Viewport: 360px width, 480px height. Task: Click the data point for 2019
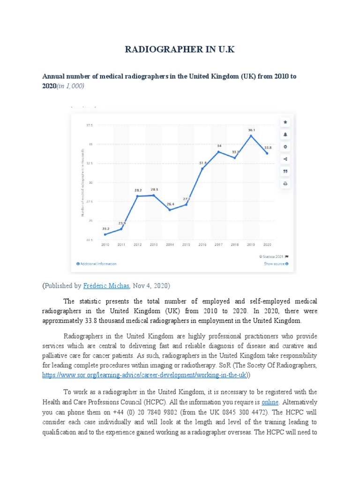[251, 136]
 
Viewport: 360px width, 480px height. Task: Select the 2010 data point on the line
[105, 234]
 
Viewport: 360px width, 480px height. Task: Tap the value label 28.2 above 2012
[138, 190]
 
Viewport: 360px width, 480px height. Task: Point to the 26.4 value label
[170, 204]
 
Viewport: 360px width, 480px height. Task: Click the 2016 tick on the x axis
[202, 245]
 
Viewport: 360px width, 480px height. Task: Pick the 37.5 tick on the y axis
[90, 125]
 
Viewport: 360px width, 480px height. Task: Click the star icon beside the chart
[285, 122]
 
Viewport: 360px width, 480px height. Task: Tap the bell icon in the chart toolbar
[285, 135]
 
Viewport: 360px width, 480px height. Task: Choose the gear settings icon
[285, 147]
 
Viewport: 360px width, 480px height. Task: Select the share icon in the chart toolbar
[285, 159]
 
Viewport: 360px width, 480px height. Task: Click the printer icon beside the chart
[285, 184]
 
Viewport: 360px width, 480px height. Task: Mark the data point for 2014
[170, 210]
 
